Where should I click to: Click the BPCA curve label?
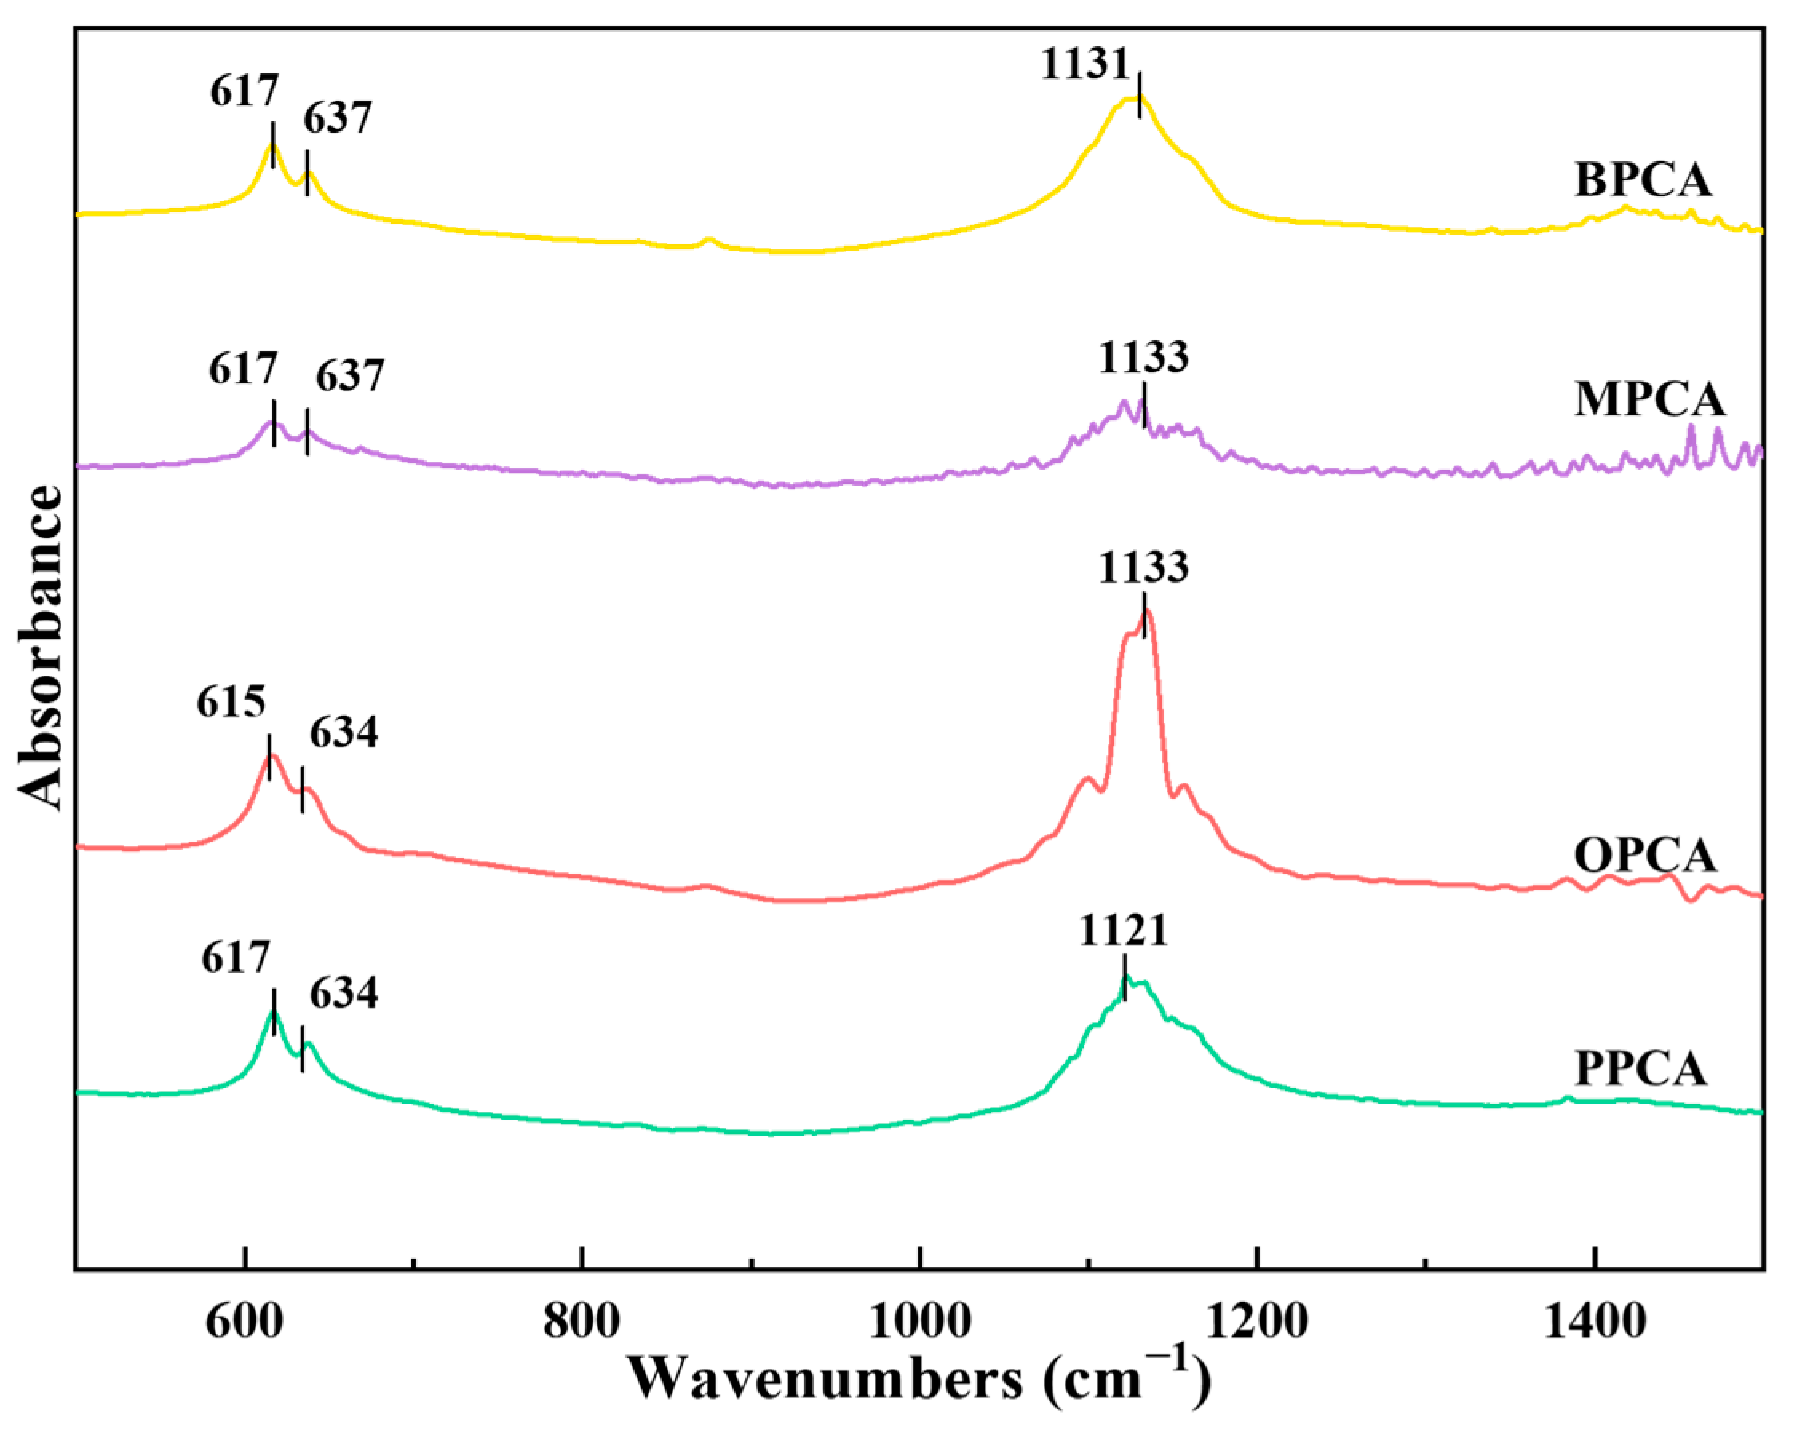tap(1643, 180)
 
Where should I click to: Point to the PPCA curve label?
tap(1640, 1069)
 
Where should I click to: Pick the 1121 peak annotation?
tap(1123, 930)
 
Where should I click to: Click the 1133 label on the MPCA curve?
tap(1143, 358)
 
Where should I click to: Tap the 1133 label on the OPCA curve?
tap(1143, 568)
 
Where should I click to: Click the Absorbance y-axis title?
tap(40, 648)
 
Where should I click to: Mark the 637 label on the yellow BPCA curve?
tap(337, 117)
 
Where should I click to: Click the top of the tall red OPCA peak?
tap(1148, 612)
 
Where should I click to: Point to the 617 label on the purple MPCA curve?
tap(242, 368)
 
